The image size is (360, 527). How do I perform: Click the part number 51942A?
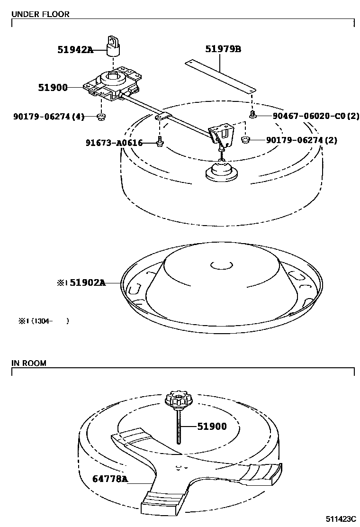click(x=75, y=49)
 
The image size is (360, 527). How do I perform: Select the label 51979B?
click(x=223, y=49)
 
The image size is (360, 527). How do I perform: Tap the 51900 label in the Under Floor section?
click(x=53, y=88)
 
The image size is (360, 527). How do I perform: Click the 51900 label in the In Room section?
click(x=212, y=427)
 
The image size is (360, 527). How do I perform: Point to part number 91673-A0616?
click(x=114, y=143)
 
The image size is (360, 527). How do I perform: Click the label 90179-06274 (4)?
click(x=49, y=117)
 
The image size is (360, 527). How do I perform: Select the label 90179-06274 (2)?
click(x=301, y=140)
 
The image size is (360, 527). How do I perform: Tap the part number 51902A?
click(x=88, y=283)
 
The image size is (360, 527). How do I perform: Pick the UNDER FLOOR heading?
click(x=40, y=14)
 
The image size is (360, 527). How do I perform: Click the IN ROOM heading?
click(x=29, y=363)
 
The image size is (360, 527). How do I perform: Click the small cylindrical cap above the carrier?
click(x=113, y=46)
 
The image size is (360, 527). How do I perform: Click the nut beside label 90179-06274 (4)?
click(x=101, y=117)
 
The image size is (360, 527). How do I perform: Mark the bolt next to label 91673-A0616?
click(x=160, y=141)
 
